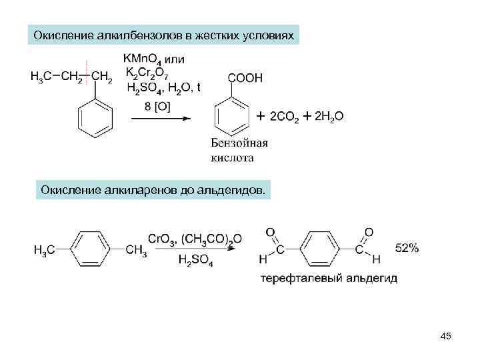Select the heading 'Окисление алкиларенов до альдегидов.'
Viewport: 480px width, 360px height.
point(153,191)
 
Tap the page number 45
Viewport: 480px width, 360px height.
point(445,336)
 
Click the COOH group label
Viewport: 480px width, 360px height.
point(245,78)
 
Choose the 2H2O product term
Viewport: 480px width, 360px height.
point(329,117)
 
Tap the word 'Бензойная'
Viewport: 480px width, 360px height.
point(239,143)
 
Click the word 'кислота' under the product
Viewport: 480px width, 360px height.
point(233,159)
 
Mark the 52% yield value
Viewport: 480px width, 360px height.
point(407,248)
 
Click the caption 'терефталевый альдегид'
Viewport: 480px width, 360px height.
point(329,278)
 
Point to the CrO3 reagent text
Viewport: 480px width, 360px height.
point(161,239)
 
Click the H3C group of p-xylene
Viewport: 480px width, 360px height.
point(45,250)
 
